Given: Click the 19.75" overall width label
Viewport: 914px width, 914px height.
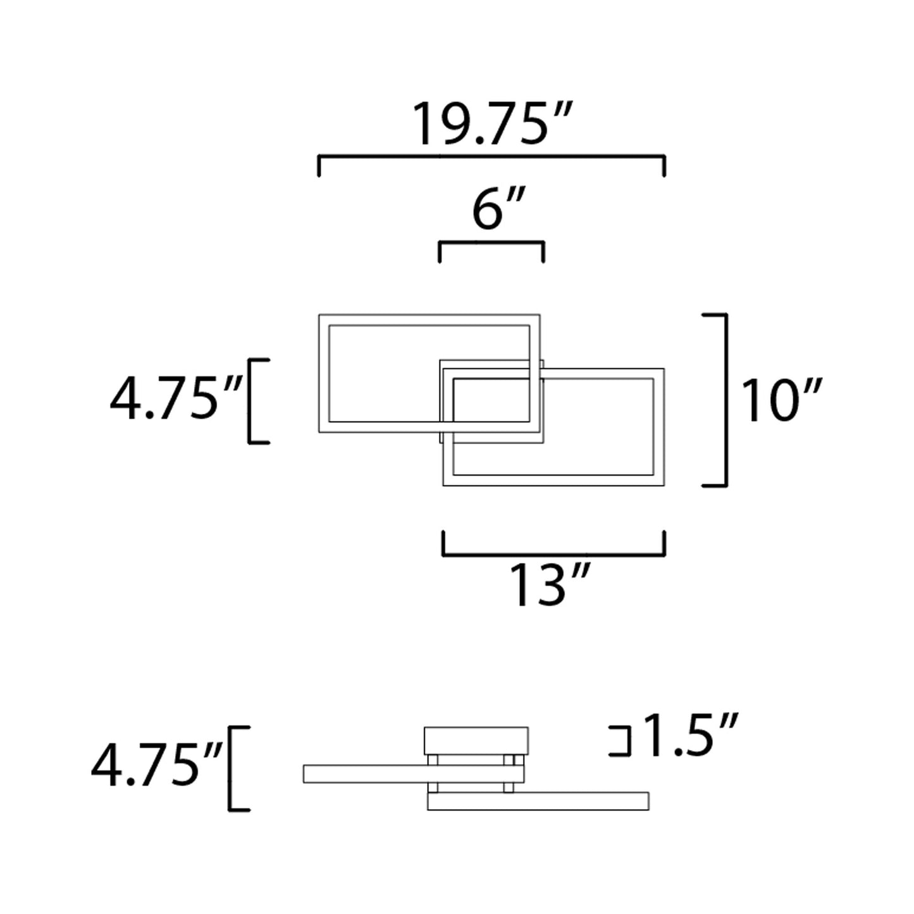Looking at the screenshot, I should (492, 124).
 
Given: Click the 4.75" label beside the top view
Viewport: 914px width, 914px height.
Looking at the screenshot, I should (175, 400).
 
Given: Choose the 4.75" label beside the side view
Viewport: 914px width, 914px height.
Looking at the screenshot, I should (156, 767).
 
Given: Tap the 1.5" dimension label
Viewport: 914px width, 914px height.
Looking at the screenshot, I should (690, 736).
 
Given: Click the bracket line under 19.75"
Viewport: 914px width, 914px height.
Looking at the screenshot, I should (491, 156).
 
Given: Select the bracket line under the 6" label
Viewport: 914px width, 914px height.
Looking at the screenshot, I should (491, 242).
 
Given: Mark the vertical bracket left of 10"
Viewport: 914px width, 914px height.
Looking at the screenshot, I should (725, 400).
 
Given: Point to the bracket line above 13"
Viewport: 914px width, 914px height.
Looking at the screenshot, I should (553, 555).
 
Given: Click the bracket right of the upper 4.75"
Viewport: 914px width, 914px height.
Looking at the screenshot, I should (251, 401).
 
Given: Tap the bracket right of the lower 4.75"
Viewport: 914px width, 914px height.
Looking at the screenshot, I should (232, 768).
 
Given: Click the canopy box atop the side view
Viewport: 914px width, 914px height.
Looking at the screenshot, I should (476, 740).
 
